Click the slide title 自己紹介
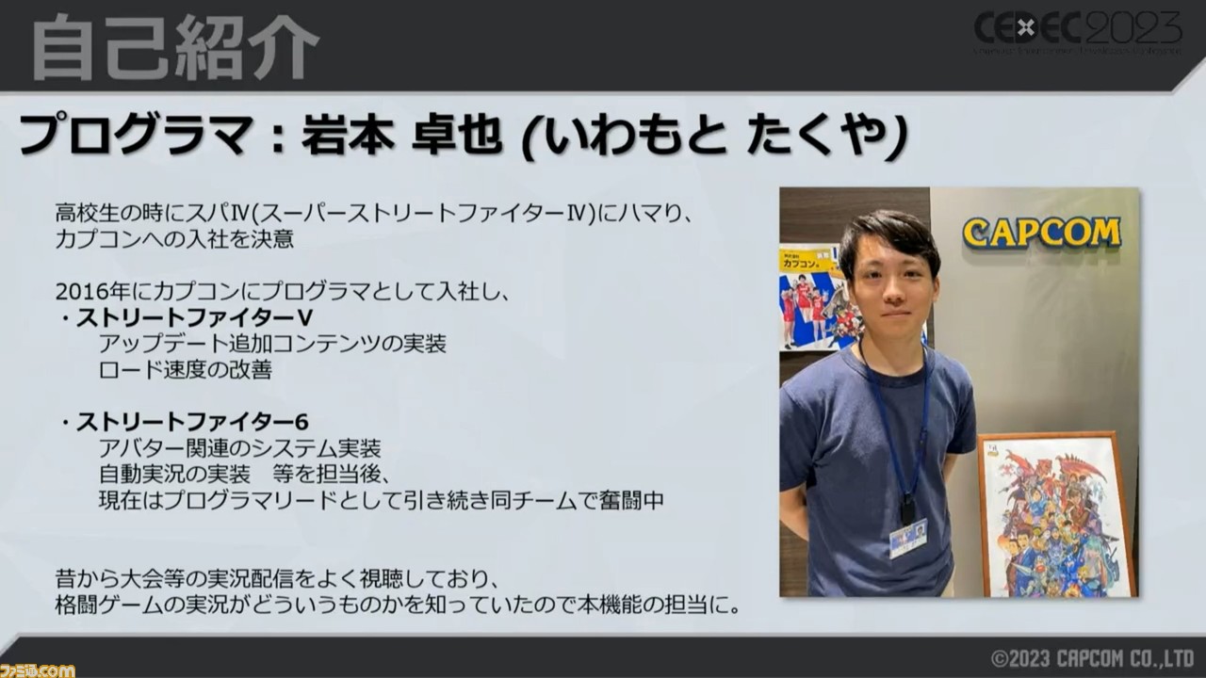point(175,47)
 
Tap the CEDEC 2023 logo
point(1077,32)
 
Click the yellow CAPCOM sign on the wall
point(1042,233)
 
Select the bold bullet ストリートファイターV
point(194,318)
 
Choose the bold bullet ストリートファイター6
point(191,422)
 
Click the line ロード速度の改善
point(186,370)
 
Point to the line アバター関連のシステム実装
point(239,448)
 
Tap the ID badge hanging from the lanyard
point(907,537)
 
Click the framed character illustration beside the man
point(1057,514)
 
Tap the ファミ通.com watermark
point(37,670)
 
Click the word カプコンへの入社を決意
point(174,240)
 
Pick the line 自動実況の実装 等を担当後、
point(245,474)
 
